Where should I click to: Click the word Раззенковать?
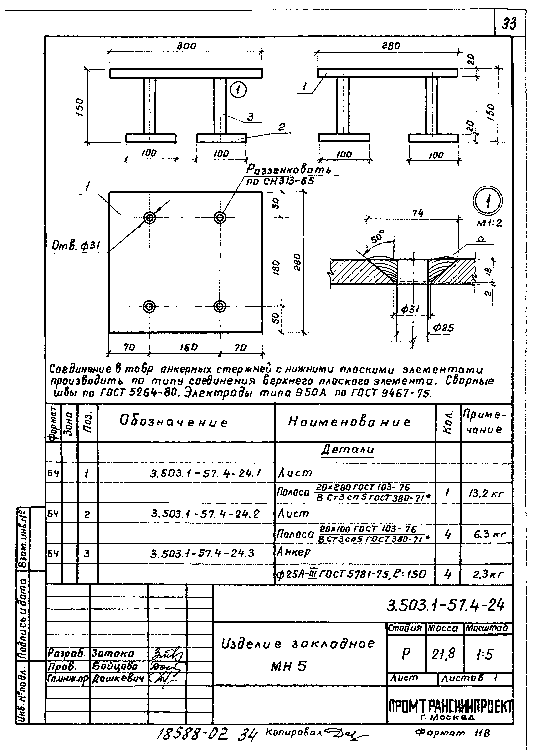[x=289, y=170]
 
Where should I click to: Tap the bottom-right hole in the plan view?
[x=219, y=306]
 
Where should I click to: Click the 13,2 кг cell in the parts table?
[x=486, y=494]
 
